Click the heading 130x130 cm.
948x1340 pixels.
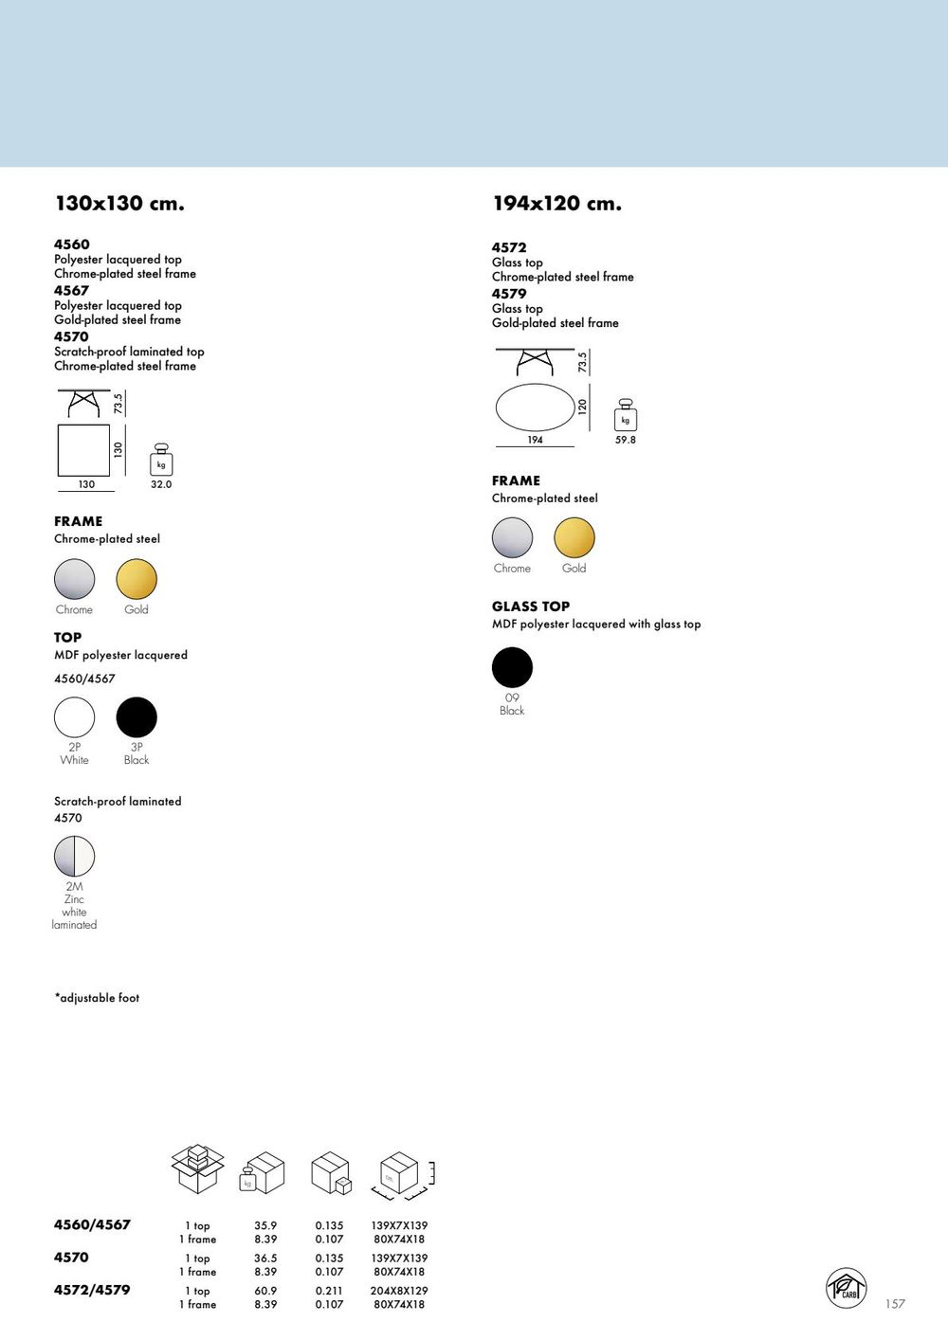pyautogui.click(x=119, y=204)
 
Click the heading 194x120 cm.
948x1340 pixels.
pyautogui.click(x=556, y=204)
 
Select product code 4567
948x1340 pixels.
pyautogui.click(x=71, y=291)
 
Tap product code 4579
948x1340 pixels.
pyautogui.click(x=509, y=294)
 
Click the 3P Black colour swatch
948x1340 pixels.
pyautogui.click(x=137, y=717)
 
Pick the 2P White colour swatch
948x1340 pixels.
pyautogui.click(x=74, y=717)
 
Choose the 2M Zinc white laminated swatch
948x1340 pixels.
pyautogui.click(x=74, y=856)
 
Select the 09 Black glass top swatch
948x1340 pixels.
pyautogui.click(x=512, y=667)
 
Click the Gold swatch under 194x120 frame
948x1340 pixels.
pyautogui.click(x=574, y=537)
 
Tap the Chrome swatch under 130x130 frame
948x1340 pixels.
pyautogui.click(x=74, y=579)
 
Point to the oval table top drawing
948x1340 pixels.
pyautogui.click(x=535, y=407)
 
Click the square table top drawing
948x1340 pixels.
pyautogui.click(x=83, y=450)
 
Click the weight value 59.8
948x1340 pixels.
pyautogui.click(x=626, y=440)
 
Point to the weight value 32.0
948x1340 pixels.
pyautogui.click(x=161, y=484)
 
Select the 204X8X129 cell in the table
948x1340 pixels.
pyautogui.click(x=399, y=1291)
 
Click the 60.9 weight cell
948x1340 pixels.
pyautogui.click(x=265, y=1291)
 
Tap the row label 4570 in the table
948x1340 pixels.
pyautogui.click(x=71, y=1258)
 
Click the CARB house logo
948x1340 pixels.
pyautogui.click(x=846, y=1288)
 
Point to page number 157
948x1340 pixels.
pyautogui.click(x=895, y=1304)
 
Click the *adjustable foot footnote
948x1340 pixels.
pyautogui.click(x=97, y=998)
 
